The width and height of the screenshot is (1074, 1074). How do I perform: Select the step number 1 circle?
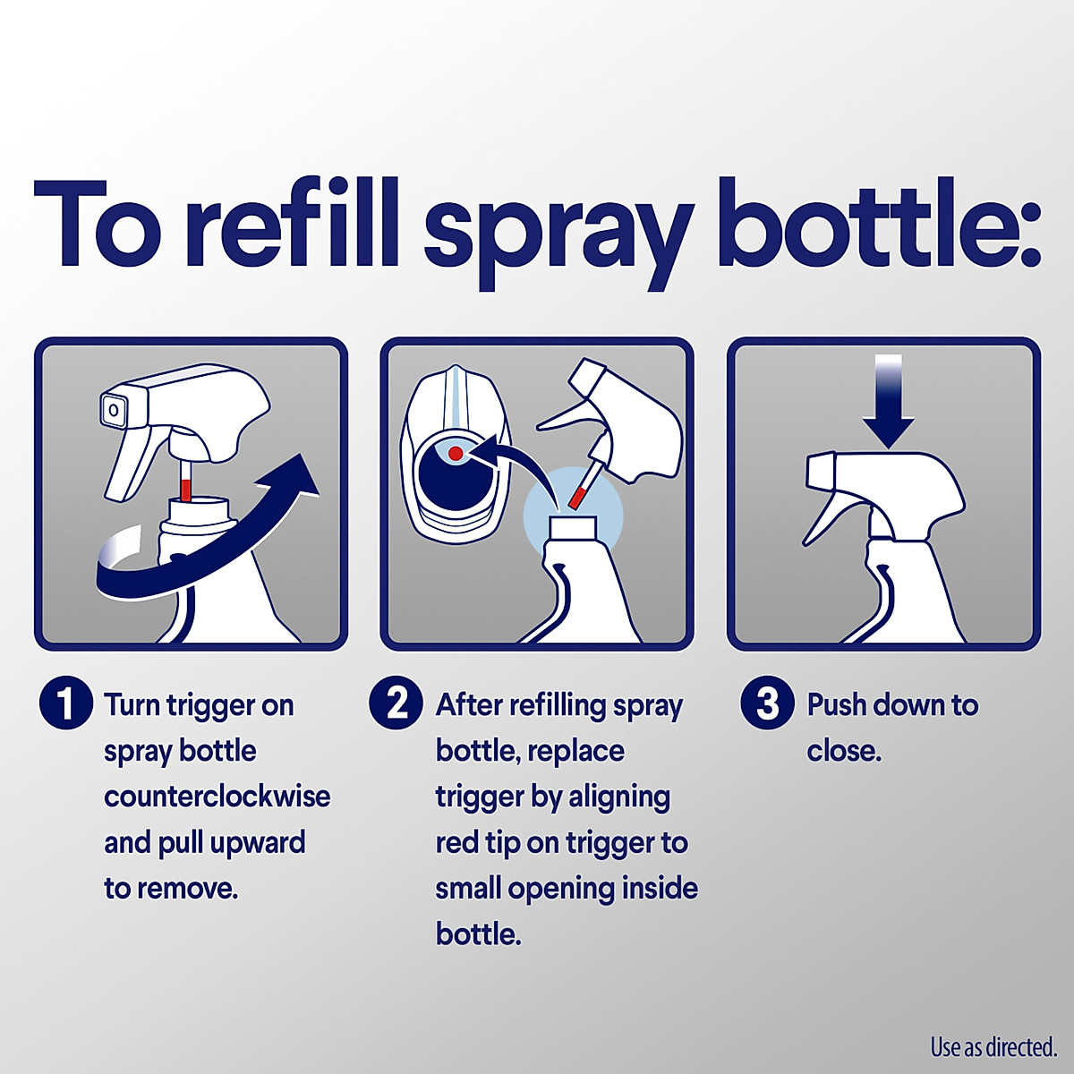[x=65, y=703]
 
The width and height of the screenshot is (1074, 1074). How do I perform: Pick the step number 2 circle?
[x=396, y=703]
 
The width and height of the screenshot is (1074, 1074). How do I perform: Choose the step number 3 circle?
[x=767, y=703]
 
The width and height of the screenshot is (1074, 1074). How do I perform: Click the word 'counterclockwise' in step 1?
[x=217, y=797]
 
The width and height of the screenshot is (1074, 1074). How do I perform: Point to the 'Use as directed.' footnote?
[x=993, y=1046]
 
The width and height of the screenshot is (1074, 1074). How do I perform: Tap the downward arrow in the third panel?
[x=889, y=403]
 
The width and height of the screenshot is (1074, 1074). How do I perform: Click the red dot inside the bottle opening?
[x=456, y=454]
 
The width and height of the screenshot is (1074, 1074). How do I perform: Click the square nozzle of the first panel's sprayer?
[x=115, y=410]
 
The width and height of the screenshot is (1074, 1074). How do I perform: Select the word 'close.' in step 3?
[x=843, y=751]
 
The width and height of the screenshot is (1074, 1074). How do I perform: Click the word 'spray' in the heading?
[x=557, y=228]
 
